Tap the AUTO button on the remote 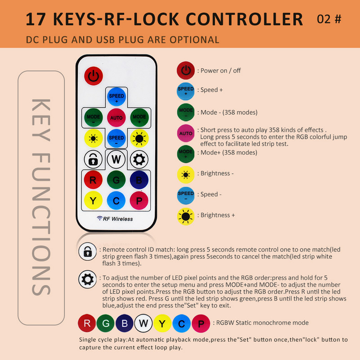click(x=116, y=117)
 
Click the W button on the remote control click(x=116, y=159)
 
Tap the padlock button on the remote click(x=93, y=159)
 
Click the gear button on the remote click(x=139, y=159)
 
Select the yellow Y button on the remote click(x=93, y=200)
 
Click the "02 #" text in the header click(x=329, y=19)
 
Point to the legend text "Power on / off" click(x=220, y=71)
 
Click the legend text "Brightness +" click(x=218, y=215)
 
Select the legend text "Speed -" click(x=211, y=194)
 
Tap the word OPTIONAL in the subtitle click(x=194, y=40)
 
